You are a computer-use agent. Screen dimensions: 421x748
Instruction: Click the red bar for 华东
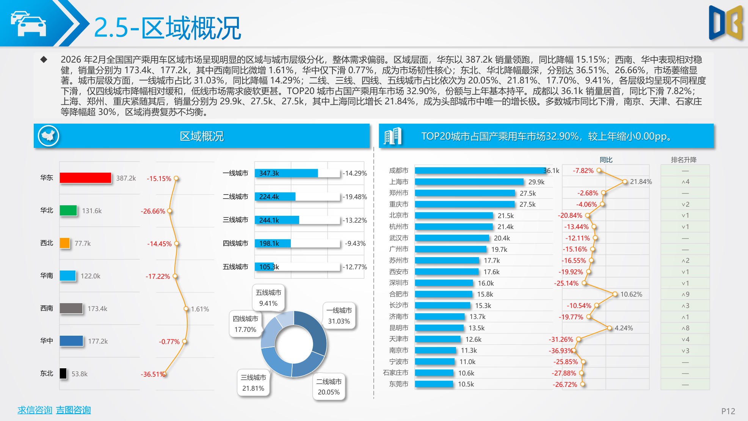click(85, 178)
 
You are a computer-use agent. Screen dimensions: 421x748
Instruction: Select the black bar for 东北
click(63, 374)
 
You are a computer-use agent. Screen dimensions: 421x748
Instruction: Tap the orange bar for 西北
click(65, 243)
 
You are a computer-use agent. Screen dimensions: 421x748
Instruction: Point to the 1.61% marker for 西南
click(186, 309)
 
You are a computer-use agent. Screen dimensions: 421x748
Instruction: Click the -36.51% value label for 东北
click(152, 374)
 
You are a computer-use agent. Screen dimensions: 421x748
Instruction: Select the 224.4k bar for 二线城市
click(275, 196)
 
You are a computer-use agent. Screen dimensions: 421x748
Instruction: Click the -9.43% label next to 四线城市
click(355, 243)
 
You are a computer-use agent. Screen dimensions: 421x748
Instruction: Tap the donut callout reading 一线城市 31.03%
click(339, 316)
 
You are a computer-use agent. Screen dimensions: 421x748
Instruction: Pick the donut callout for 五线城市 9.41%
click(268, 298)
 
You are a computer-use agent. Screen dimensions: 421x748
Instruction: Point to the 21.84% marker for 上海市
click(625, 182)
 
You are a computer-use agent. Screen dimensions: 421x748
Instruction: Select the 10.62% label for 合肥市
click(631, 294)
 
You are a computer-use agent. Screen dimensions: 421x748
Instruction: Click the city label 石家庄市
click(395, 373)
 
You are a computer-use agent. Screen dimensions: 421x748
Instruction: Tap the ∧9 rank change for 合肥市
click(685, 294)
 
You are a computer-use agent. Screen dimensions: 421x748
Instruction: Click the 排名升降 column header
click(684, 160)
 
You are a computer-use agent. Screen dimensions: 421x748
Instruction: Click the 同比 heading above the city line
click(606, 160)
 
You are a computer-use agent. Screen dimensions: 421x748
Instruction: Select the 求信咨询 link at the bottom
click(34, 410)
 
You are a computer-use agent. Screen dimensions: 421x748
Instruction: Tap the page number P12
click(728, 411)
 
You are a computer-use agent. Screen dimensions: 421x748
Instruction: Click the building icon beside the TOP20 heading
click(392, 136)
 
